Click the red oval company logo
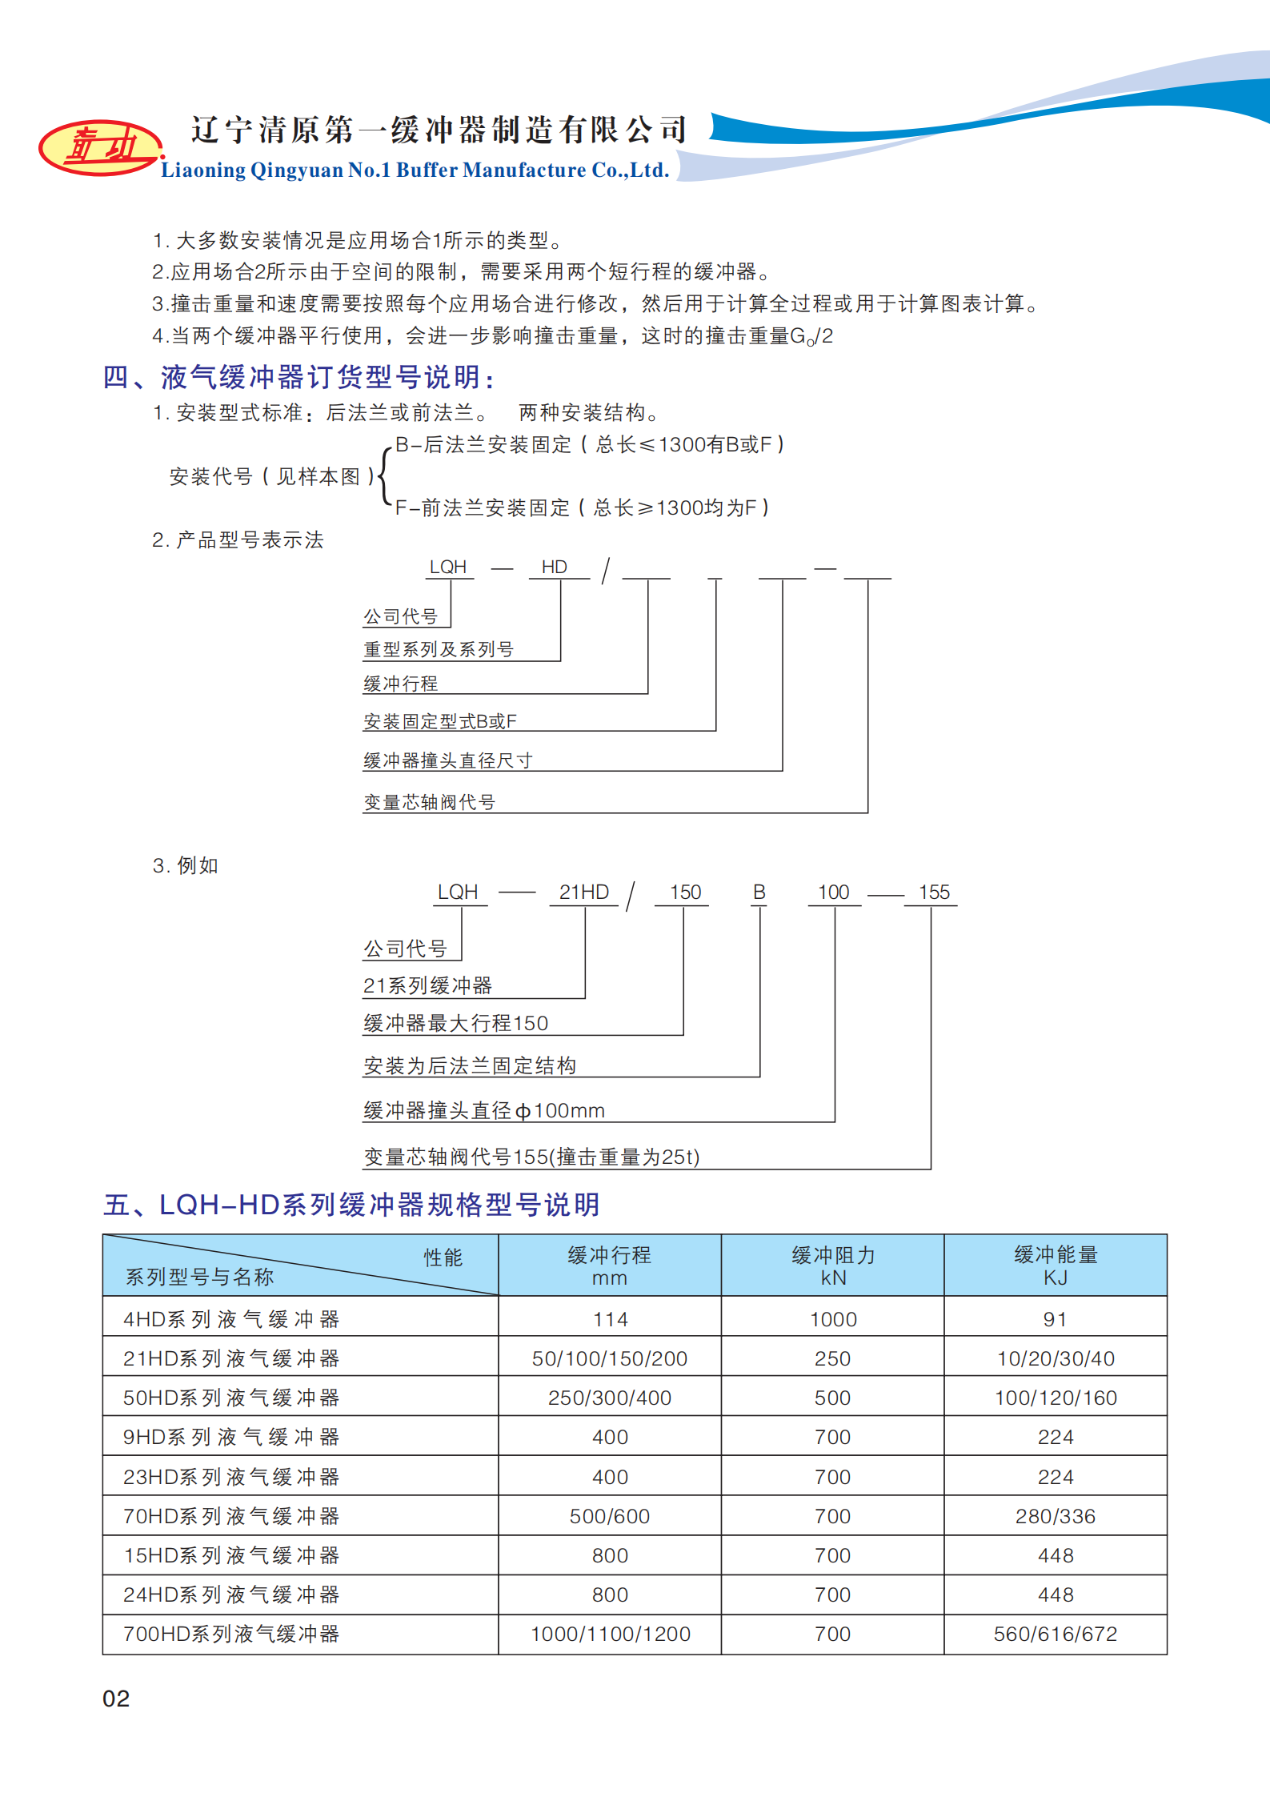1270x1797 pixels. click(x=99, y=147)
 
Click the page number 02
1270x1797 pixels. click(x=116, y=1698)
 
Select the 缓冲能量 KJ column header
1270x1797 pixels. click(x=1055, y=1266)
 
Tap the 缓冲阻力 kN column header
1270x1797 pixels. click(x=832, y=1266)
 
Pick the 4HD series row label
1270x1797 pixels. click(x=231, y=1318)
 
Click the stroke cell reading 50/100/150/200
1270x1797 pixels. click(x=610, y=1358)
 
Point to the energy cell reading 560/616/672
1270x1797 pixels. click(x=1055, y=1634)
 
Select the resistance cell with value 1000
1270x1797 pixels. click(x=832, y=1319)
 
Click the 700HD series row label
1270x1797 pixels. click(x=231, y=1634)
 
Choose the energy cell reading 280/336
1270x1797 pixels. click(x=1055, y=1516)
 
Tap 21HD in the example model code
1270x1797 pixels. click(x=583, y=892)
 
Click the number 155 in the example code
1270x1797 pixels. click(x=933, y=892)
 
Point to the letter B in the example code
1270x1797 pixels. click(x=759, y=892)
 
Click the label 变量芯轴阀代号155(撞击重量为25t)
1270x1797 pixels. click(x=531, y=1157)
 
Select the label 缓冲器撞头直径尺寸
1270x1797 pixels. click(x=447, y=760)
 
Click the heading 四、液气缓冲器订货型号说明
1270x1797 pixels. click(x=299, y=377)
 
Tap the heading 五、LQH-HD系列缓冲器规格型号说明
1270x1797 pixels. click(x=351, y=1205)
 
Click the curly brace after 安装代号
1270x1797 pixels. click(x=384, y=477)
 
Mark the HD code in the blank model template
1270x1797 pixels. click(x=554, y=567)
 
